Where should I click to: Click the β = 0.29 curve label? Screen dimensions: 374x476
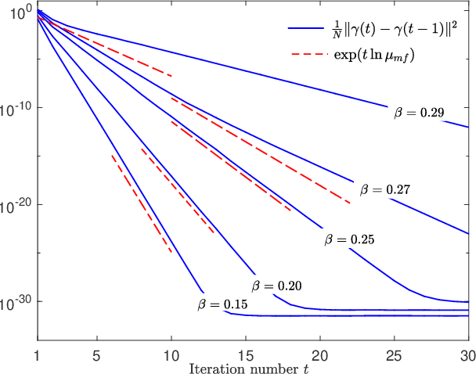pos(419,113)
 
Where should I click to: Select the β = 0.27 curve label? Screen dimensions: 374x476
pos(385,189)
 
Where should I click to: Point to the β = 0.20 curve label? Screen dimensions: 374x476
pos(276,286)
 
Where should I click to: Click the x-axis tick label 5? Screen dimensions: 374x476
pos(96,354)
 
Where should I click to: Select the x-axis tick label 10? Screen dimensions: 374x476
pos(171,354)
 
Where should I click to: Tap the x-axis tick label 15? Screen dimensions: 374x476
pos(246,354)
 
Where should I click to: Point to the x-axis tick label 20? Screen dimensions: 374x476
pos(320,354)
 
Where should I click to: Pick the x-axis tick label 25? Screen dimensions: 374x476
pos(395,354)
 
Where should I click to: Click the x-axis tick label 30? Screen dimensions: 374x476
pos(467,354)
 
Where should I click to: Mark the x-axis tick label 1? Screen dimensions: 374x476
pos(37,354)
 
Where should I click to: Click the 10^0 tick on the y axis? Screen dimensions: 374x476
pos(17,11)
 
